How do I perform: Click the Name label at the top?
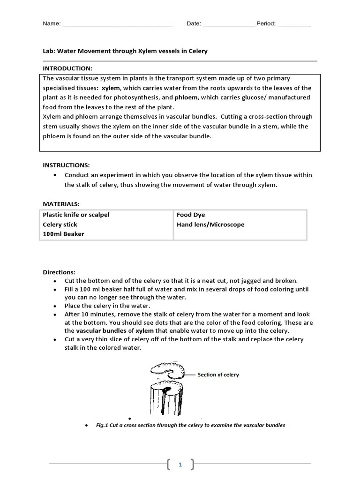point(52,24)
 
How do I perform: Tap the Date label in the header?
point(194,24)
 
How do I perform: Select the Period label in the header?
point(266,24)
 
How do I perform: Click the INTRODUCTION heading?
point(67,68)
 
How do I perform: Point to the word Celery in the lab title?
point(198,51)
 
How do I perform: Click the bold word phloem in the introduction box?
point(186,97)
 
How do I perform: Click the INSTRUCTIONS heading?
point(66,165)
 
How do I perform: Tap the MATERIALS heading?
point(61,204)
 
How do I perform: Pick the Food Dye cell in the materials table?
point(191,215)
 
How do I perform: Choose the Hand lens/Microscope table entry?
point(210,225)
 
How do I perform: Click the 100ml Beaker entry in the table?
point(63,234)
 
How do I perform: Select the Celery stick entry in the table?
point(60,225)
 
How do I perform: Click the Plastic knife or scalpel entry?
point(76,215)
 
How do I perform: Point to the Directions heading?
point(59,272)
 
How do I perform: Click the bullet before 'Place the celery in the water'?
point(55,306)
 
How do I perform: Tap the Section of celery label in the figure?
point(218,375)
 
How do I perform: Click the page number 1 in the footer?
point(180,465)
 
